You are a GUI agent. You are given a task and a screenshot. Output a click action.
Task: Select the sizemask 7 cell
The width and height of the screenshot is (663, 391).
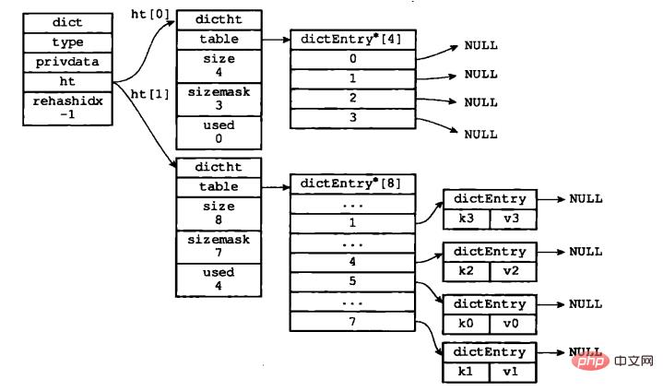(x=218, y=246)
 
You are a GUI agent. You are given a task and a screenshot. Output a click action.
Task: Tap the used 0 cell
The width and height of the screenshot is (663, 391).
(x=218, y=131)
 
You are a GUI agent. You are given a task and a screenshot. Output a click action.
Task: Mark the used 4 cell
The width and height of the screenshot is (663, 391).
(x=218, y=278)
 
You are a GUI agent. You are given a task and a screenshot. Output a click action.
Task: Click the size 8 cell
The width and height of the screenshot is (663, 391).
(x=218, y=214)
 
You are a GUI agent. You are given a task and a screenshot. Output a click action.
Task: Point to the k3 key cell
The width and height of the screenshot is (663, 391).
(x=466, y=218)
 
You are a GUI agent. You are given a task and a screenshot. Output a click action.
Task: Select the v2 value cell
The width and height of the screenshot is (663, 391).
(x=513, y=269)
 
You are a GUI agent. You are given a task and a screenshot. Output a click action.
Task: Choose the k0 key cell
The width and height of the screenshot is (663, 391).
(x=466, y=322)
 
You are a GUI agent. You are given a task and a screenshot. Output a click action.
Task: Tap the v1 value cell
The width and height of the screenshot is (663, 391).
(x=513, y=371)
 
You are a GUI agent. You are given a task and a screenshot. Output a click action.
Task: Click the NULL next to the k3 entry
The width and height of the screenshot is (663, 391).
(x=586, y=198)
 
